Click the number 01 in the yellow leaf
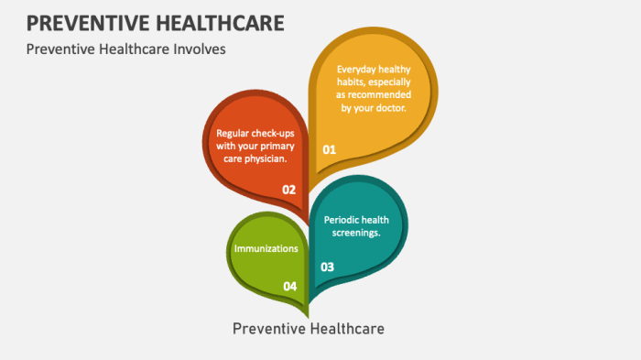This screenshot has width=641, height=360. click(330, 148)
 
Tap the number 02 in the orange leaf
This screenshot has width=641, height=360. click(289, 190)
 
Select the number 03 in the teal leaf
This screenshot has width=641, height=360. click(327, 267)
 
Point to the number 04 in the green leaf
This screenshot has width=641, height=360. click(289, 287)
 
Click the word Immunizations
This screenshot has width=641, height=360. click(266, 248)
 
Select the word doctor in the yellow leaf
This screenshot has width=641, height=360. click(389, 108)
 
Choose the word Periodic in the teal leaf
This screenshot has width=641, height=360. click(344, 219)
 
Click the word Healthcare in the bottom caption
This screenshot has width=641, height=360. click(349, 327)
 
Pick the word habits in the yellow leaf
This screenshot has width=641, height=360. click(353, 82)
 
